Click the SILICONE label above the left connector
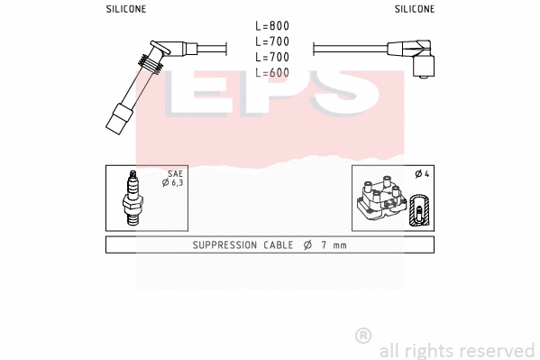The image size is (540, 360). pyautogui.click(x=125, y=8)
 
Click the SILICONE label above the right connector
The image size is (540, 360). pyautogui.click(x=415, y=8)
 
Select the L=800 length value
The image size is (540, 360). pyautogui.click(x=271, y=26)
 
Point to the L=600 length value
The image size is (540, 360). pyautogui.click(x=271, y=72)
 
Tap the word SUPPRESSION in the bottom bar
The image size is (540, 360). pyautogui.click(x=228, y=245)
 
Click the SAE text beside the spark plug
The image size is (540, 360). pyautogui.click(x=175, y=173)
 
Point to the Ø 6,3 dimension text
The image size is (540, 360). pyautogui.click(x=172, y=183)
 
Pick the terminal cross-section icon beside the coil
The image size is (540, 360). pyautogui.click(x=419, y=211)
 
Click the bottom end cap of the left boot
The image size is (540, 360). pyautogui.click(x=119, y=120)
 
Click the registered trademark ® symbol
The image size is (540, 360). pyautogui.click(x=363, y=335)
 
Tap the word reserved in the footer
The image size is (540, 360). pyautogui.click(x=499, y=350)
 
